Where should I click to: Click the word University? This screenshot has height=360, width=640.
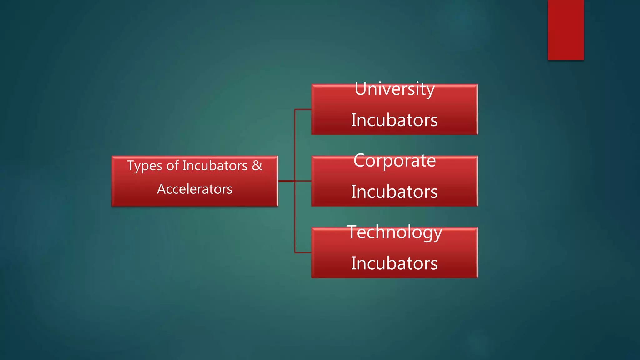pyautogui.click(x=394, y=89)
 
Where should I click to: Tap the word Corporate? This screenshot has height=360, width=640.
pyautogui.click(x=394, y=161)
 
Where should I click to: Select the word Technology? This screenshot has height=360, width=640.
pyautogui.click(x=394, y=232)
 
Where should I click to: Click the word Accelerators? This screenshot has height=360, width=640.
pyautogui.click(x=195, y=189)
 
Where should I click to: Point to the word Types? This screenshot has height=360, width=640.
pyautogui.click(x=144, y=166)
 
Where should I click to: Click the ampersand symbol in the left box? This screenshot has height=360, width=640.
pyautogui.click(x=257, y=165)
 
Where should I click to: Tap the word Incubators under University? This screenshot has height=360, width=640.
pyautogui.click(x=394, y=120)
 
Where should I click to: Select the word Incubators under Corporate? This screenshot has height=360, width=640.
pyautogui.click(x=394, y=192)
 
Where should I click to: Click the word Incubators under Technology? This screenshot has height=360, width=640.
pyautogui.click(x=394, y=263)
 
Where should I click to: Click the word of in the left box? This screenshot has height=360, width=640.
pyautogui.click(x=172, y=166)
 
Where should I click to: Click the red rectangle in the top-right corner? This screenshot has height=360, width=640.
pyautogui.click(x=566, y=30)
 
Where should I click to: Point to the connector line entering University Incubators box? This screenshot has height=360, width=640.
pyautogui.click(x=303, y=109)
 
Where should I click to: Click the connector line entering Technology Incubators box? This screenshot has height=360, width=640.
pyautogui.click(x=303, y=252)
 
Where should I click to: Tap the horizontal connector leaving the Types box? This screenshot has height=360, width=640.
pyautogui.click(x=286, y=181)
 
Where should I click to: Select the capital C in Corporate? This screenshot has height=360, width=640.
pyautogui.click(x=359, y=161)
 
